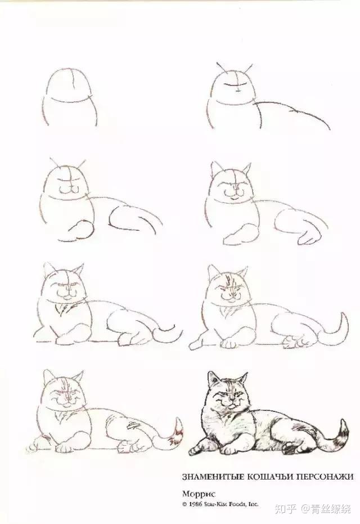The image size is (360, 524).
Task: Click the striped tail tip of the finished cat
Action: (x=340, y=436)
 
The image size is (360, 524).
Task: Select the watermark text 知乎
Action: (x=286, y=509)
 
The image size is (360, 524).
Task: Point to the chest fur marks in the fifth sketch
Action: (x=62, y=309)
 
